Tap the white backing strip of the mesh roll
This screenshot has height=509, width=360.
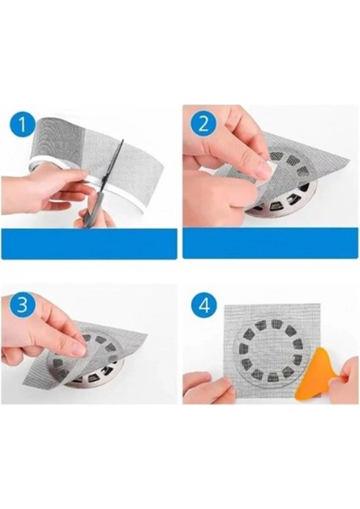click(127, 192)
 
